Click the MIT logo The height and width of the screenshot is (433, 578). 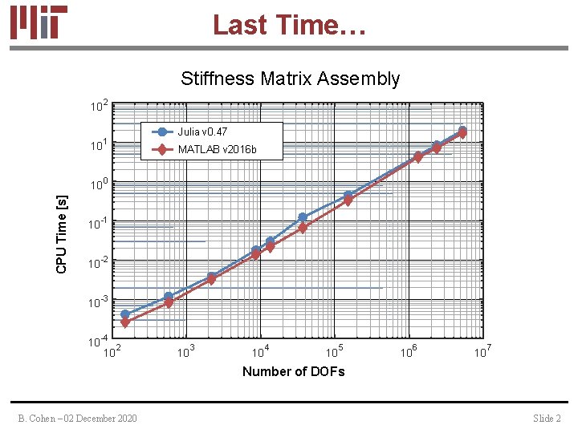click(x=39, y=22)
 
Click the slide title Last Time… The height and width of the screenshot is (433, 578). click(x=289, y=24)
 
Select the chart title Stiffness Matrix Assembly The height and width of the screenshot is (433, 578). click(x=290, y=79)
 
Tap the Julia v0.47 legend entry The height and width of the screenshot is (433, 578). click(x=202, y=132)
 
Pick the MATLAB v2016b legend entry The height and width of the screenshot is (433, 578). click(x=217, y=150)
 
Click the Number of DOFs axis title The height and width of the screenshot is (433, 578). click(x=293, y=371)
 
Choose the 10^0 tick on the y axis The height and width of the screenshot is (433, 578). click(x=99, y=184)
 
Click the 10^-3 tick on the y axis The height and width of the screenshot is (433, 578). click(x=98, y=302)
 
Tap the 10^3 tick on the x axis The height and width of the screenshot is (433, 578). click(x=187, y=351)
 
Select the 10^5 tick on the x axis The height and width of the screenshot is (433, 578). click(x=335, y=351)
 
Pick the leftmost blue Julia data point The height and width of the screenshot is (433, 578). click(x=125, y=314)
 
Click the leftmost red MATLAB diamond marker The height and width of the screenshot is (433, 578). click(x=125, y=322)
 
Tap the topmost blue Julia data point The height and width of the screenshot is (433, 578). click(x=462, y=130)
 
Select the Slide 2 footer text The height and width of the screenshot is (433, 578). click(x=547, y=419)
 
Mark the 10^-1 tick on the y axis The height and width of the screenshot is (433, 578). click(x=98, y=224)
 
